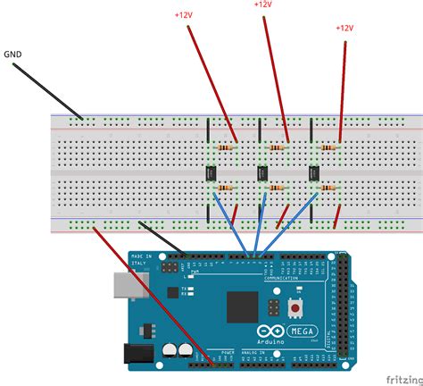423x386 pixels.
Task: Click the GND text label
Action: pos(12,53)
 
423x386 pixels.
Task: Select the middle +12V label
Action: pos(262,4)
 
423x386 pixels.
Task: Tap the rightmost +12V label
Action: pos(345,28)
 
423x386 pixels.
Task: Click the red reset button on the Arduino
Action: pos(294,308)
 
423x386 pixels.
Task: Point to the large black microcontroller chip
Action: pos(242,306)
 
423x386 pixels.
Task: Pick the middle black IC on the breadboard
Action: pos(263,172)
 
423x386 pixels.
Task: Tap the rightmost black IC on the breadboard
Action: pos(315,172)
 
